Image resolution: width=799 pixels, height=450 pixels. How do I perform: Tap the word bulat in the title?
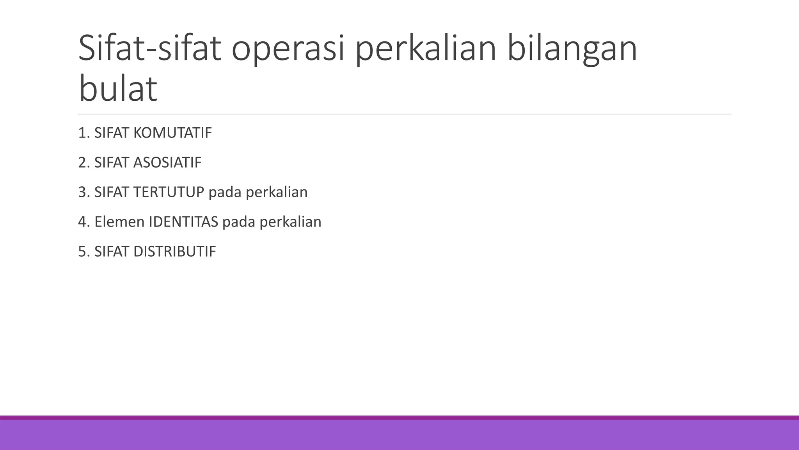[118, 89]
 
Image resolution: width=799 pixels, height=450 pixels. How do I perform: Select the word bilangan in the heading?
[572, 49]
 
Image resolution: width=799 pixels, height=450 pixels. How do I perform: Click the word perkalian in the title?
[426, 49]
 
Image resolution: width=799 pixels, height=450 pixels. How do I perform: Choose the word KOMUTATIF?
[172, 133]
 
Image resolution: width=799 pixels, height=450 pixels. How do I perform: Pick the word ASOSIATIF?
[167, 163]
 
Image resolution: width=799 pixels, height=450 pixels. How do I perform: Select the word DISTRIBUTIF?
[174, 252]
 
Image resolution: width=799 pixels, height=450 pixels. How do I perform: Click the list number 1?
[82, 133]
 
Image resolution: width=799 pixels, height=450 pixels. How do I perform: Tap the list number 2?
[83, 163]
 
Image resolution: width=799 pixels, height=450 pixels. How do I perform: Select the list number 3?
[83, 192]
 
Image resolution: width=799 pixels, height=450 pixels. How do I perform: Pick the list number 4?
[83, 222]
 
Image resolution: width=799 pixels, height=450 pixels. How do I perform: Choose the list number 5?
[83, 252]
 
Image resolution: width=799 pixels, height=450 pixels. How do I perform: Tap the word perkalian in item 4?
[290, 222]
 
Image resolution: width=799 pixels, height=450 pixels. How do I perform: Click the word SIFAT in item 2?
[112, 163]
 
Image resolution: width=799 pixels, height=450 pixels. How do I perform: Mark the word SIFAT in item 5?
[112, 252]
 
